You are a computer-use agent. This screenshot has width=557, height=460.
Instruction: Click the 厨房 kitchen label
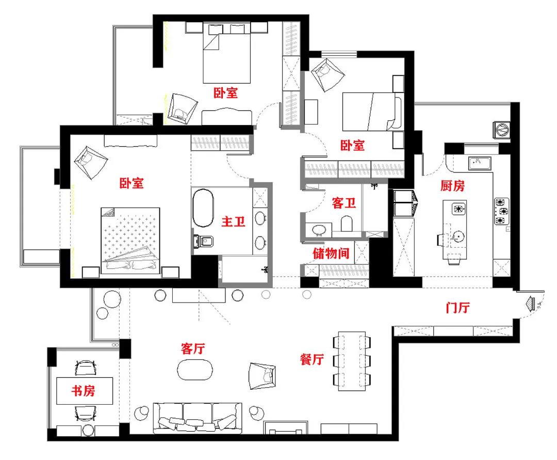point(452,185)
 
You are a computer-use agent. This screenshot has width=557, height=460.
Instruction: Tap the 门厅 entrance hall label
point(458,307)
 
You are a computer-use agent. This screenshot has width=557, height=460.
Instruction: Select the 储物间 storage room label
point(331,253)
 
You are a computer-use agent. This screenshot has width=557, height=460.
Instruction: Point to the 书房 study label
point(84,391)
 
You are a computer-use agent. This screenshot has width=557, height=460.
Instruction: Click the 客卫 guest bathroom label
point(344,203)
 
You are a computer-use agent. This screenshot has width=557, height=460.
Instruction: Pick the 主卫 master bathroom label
point(234,221)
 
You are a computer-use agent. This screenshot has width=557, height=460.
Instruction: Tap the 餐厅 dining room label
point(312,359)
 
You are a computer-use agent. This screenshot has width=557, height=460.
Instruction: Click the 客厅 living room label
point(193,348)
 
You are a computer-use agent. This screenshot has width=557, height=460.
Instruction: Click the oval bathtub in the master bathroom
point(203,208)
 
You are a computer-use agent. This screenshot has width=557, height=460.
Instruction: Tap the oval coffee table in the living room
point(195,370)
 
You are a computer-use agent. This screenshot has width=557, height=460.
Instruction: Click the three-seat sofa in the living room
point(198,418)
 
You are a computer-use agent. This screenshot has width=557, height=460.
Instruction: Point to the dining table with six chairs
point(352,361)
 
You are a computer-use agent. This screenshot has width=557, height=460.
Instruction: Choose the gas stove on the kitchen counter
point(501,212)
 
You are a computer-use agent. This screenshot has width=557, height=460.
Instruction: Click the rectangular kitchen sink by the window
point(480,164)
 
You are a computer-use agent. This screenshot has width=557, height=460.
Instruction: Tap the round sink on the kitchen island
point(458,236)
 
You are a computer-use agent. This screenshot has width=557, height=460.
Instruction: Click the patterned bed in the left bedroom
point(130,241)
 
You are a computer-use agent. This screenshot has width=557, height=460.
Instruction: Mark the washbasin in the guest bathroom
point(319,230)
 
